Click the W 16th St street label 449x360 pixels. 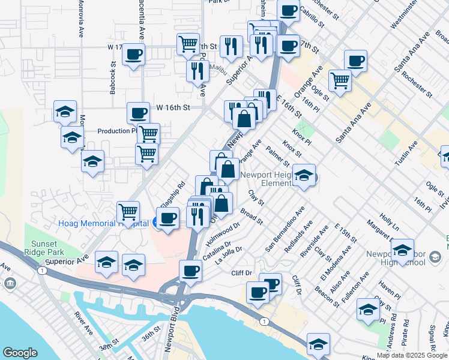pos(173,107)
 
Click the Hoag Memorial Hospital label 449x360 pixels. pos(102,223)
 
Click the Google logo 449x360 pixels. pos(20,353)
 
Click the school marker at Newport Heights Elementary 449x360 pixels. pos(304,175)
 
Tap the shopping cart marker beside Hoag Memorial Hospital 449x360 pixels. pos(128,211)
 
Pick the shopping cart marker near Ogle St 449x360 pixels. pos(340,80)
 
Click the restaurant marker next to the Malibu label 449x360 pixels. pos(197,71)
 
